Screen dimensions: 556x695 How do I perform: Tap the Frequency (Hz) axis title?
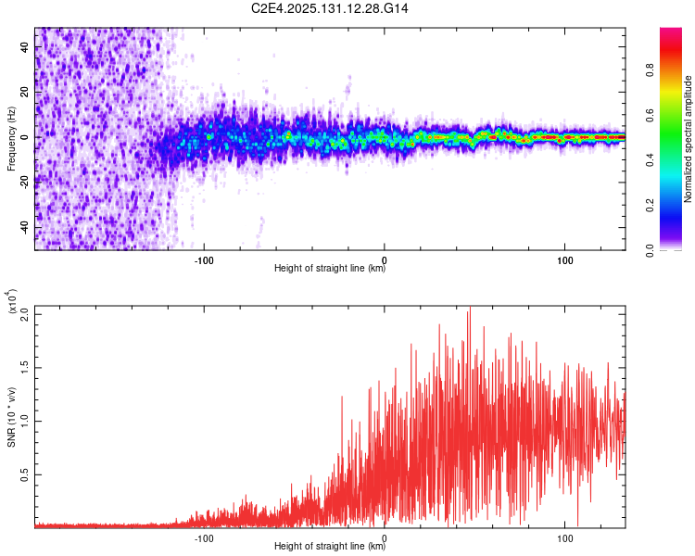point(11,138)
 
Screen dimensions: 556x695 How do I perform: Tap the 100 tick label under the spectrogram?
point(565,259)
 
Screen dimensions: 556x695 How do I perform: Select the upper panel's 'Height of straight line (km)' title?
point(329,270)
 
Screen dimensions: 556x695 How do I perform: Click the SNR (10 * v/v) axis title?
point(11,416)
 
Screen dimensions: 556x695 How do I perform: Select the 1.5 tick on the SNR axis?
point(25,366)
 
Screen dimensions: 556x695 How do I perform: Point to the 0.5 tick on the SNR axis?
point(25,474)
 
